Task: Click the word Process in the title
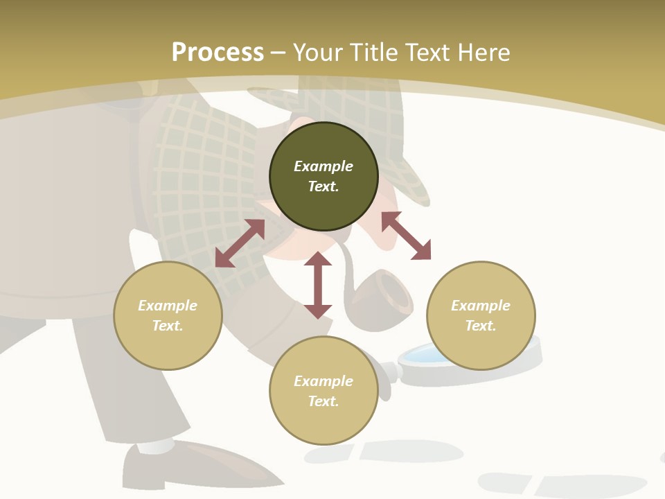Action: (218, 53)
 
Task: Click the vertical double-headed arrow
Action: (318, 285)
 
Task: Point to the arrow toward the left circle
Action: (240, 243)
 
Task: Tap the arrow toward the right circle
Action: (406, 236)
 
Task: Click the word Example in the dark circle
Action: (323, 166)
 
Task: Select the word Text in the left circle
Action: (168, 326)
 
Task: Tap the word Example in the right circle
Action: (481, 306)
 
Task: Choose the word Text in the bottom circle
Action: (323, 401)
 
